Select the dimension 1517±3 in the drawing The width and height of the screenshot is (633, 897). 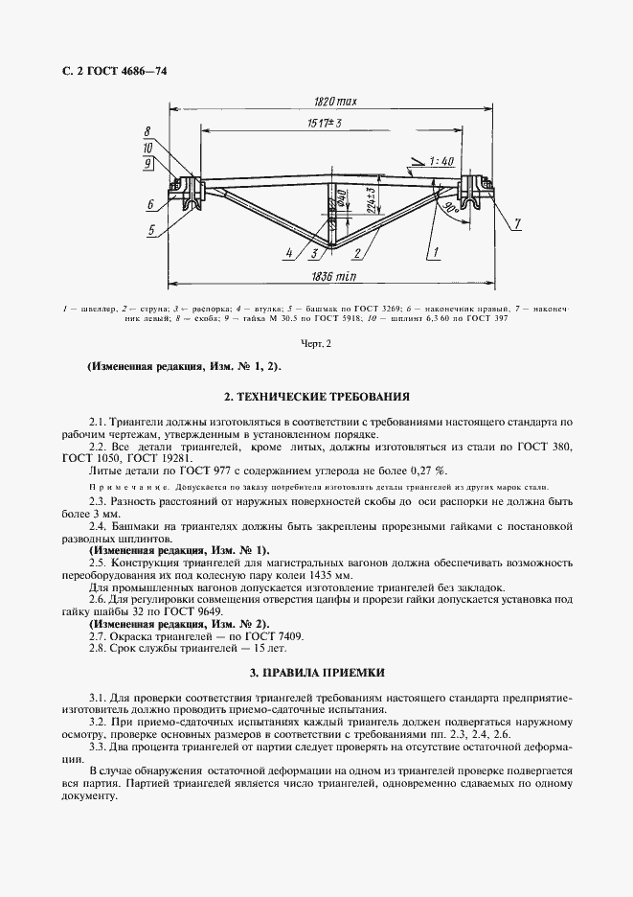pos(327,124)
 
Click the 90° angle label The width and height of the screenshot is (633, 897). pos(448,207)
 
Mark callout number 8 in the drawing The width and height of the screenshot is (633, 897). pos(148,131)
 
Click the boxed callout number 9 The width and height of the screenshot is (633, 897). pos(149,163)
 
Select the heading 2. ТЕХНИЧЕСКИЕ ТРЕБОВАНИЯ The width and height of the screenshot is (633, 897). pos(316,395)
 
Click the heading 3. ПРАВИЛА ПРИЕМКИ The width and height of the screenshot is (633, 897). pos(316,673)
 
